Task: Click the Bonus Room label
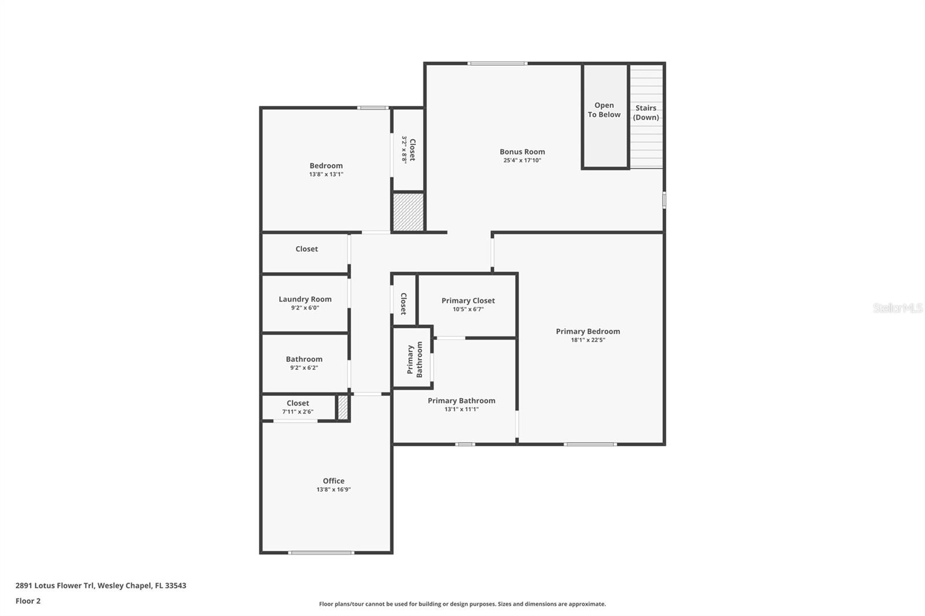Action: click(522, 152)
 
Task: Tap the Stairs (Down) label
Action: click(646, 113)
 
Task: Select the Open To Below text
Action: click(604, 110)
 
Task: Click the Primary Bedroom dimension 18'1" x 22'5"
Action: click(588, 340)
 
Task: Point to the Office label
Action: click(334, 481)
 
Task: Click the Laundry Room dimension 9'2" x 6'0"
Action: click(305, 308)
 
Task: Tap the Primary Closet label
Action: click(468, 300)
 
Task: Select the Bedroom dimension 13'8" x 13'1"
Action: click(326, 174)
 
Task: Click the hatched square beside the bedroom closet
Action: click(408, 212)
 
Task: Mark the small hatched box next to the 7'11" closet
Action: click(343, 407)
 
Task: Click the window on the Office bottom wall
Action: click(321, 553)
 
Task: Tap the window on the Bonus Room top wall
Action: click(497, 63)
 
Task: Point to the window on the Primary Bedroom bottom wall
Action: click(590, 444)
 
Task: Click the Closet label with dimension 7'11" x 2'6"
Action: click(298, 403)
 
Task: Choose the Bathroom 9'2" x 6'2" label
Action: click(304, 359)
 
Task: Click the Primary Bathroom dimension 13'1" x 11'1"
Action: click(461, 409)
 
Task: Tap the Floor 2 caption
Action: click(28, 601)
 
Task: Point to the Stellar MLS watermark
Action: click(897, 308)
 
